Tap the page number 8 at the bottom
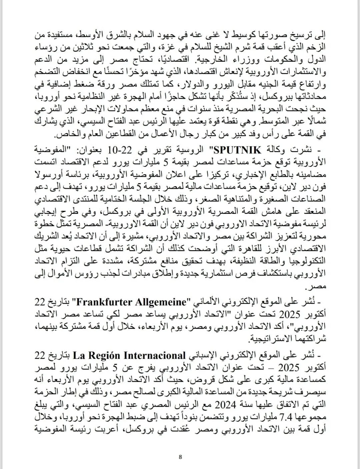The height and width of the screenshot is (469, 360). pyautogui.click(x=180, y=457)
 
